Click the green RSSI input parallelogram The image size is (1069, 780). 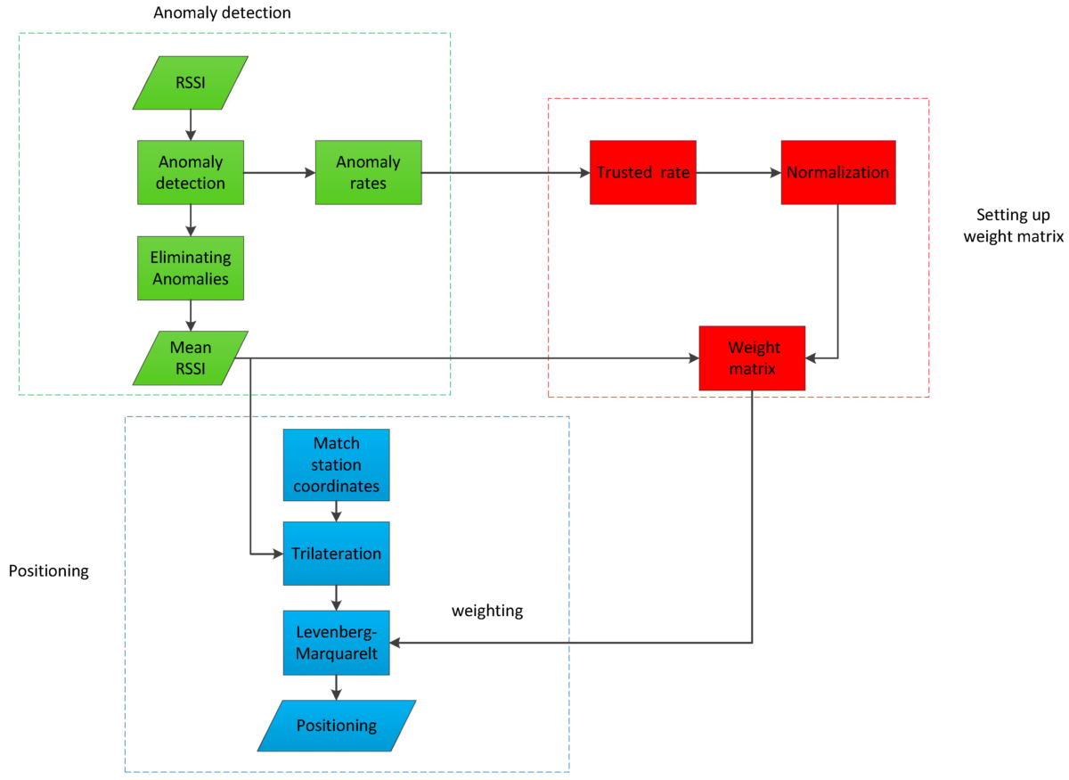[190, 83]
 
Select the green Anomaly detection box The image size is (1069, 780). [190, 172]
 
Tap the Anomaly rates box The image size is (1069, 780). [368, 172]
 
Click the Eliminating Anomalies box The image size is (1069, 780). [190, 267]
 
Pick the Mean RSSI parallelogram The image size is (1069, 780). [190, 357]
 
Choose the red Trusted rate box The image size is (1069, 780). [642, 172]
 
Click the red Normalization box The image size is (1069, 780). [837, 172]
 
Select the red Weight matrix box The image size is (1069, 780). [752, 357]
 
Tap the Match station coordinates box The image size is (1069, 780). [336, 464]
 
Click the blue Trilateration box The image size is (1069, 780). [336, 554]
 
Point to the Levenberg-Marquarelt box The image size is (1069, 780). [336, 643]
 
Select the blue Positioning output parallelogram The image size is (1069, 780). [336, 725]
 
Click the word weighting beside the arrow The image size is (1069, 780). [487, 611]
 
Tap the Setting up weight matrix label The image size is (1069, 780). [1012, 226]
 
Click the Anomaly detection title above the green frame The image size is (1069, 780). [222, 13]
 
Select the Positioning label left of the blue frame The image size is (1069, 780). [48, 571]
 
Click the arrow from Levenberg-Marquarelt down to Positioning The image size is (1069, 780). [336, 687]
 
